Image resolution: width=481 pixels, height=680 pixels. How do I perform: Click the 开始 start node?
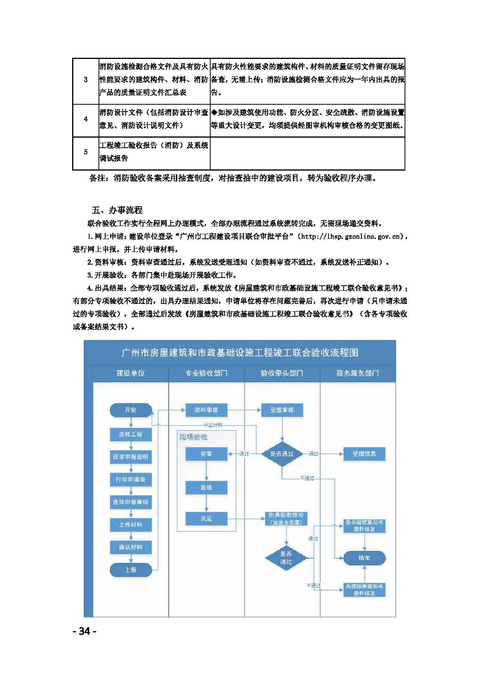point(131,410)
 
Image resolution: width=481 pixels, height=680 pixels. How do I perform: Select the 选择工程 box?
point(131,434)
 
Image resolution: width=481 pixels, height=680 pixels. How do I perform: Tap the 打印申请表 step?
point(131,480)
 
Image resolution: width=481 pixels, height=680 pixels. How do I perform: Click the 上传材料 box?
point(131,525)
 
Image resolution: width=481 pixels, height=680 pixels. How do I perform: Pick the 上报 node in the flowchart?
point(131,570)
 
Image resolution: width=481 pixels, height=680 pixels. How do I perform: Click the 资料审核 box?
point(206,410)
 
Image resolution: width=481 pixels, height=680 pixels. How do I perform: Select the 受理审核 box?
point(282,410)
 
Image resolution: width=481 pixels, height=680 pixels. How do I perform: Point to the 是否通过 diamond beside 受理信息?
point(282,454)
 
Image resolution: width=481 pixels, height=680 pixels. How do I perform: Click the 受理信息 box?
point(364,454)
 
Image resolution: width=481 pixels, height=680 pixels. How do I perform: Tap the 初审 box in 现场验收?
point(206,454)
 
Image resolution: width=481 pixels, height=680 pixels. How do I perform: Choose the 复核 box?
point(206,488)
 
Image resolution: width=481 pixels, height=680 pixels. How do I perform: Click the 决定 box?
point(206,518)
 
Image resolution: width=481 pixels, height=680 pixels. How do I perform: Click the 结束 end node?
point(364,558)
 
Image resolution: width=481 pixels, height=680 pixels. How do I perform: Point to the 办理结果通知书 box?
point(364,590)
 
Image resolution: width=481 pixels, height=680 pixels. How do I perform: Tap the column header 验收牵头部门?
point(282,373)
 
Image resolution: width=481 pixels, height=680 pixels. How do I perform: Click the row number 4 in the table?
point(86,119)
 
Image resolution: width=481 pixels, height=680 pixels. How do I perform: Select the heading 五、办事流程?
point(117,210)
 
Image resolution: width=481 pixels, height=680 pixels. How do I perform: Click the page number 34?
point(85,631)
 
